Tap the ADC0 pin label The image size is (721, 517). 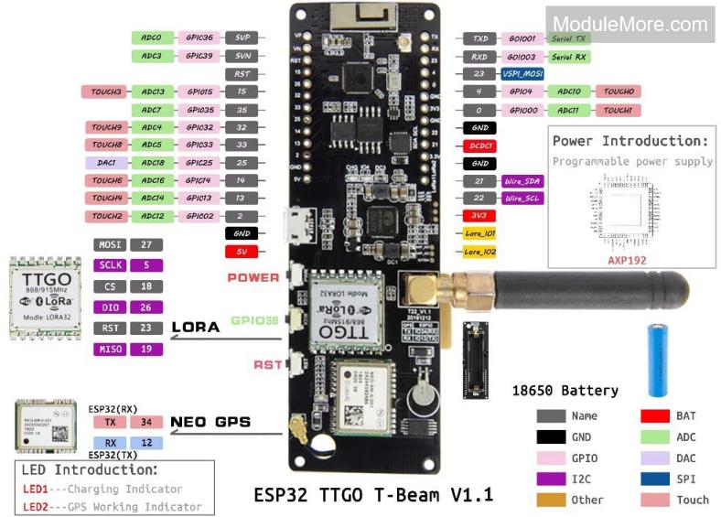152,38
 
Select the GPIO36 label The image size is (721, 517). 199,38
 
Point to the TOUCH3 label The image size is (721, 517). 107,92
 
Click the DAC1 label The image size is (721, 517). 107,163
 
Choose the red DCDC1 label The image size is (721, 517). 479,145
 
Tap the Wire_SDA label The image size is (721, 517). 522,181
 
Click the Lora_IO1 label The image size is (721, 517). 479,233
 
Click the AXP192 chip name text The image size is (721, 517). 628,260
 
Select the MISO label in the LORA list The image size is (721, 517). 109,350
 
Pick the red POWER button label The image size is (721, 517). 253,277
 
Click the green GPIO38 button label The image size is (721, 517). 255,321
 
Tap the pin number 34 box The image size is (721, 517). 145,422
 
